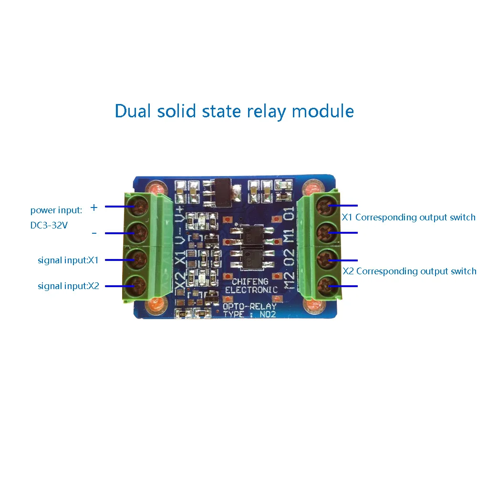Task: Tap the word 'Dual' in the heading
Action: pyautogui.click(x=133, y=111)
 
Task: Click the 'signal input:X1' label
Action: pyautogui.click(x=68, y=260)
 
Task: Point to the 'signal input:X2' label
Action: pyautogui.click(x=68, y=286)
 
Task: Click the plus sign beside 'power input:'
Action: pyautogui.click(x=94, y=207)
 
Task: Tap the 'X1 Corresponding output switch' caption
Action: pyautogui.click(x=409, y=218)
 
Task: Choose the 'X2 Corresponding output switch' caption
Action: pyautogui.click(x=409, y=271)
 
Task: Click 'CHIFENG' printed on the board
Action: pyautogui.click(x=250, y=281)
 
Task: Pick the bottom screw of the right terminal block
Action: pyautogui.click(x=327, y=285)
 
